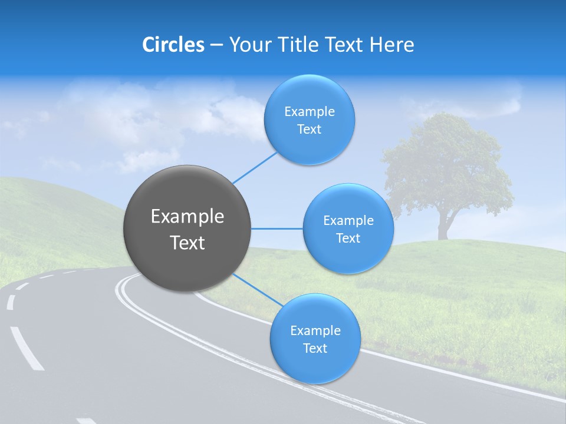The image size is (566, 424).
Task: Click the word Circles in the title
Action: click(173, 45)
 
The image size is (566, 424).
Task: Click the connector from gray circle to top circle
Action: click(255, 167)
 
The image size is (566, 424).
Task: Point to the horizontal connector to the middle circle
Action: click(277, 228)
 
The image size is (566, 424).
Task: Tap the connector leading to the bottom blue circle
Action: click(258, 290)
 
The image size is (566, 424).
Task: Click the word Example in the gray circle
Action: click(187, 217)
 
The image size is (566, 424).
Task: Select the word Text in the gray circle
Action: click(187, 243)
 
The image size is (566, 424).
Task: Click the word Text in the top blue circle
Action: click(309, 130)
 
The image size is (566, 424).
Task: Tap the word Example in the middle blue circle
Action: click(348, 221)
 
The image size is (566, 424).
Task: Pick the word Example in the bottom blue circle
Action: click(315, 331)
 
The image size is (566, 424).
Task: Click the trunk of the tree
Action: click(443, 227)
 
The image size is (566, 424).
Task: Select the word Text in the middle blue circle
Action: click(348, 238)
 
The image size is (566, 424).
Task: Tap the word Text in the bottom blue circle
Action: click(315, 349)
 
